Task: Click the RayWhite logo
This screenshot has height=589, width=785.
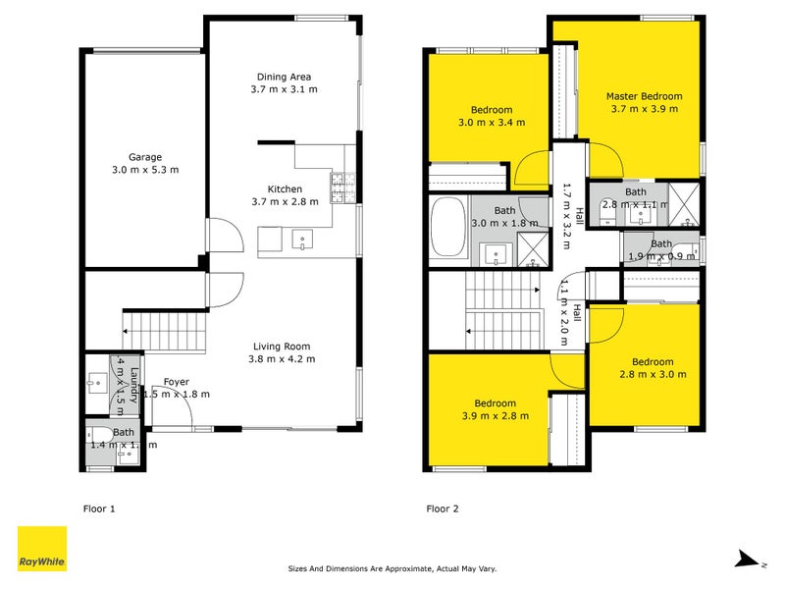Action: click(42, 548)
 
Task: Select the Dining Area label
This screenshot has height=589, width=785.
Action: click(285, 77)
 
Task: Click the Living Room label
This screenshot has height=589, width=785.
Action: click(282, 346)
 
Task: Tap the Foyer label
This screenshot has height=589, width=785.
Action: click(177, 382)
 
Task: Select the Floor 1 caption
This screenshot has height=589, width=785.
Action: click(99, 509)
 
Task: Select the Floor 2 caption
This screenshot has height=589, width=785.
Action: click(442, 509)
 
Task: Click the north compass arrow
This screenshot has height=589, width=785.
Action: click(749, 561)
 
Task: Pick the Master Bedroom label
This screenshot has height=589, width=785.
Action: click(644, 96)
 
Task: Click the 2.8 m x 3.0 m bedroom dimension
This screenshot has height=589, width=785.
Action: click(653, 374)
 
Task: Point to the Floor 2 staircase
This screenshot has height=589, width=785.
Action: click(502, 311)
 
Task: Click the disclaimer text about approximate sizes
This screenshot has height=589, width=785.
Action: click(392, 568)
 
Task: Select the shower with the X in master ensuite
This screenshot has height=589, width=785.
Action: click(687, 203)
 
